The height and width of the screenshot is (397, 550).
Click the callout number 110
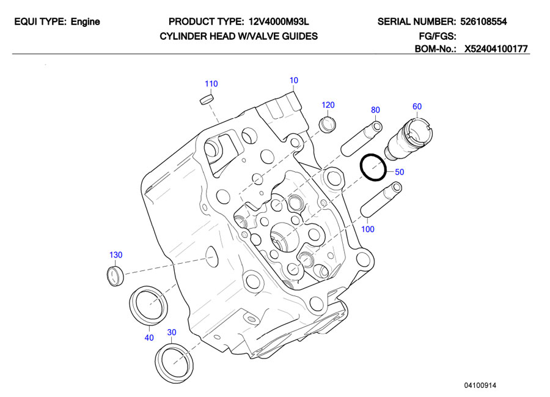tap(211, 84)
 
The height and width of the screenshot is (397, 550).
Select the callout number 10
tap(294, 80)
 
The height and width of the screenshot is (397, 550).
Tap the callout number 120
tap(328, 105)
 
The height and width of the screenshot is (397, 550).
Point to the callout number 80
tap(375, 110)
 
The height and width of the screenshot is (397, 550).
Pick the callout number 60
tap(417, 106)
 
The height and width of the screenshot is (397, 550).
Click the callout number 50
tap(399, 172)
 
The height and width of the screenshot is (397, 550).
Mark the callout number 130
tap(116, 254)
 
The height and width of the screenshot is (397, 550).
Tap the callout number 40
tap(148, 337)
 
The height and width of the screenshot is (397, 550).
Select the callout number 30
tap(172, 332)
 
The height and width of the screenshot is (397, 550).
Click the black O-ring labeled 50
tap(373, 168)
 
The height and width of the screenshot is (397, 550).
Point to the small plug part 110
tap(208, 98)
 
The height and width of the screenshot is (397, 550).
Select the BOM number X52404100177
tap(496, 49)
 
